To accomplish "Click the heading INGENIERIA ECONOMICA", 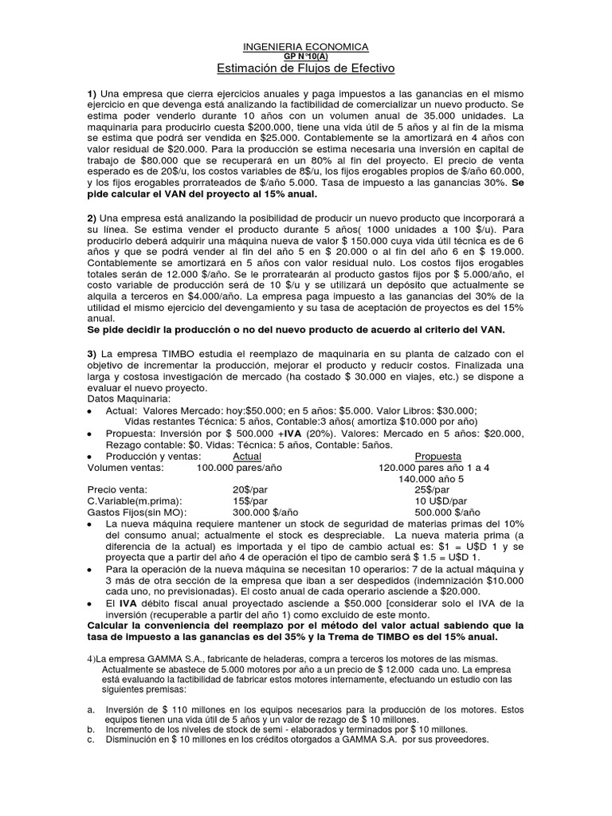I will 306,48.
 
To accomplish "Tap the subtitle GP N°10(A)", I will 306,57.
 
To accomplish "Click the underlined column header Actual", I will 245,457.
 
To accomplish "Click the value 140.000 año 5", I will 433,479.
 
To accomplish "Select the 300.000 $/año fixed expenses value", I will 261,512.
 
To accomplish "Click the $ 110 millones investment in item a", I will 184,708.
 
